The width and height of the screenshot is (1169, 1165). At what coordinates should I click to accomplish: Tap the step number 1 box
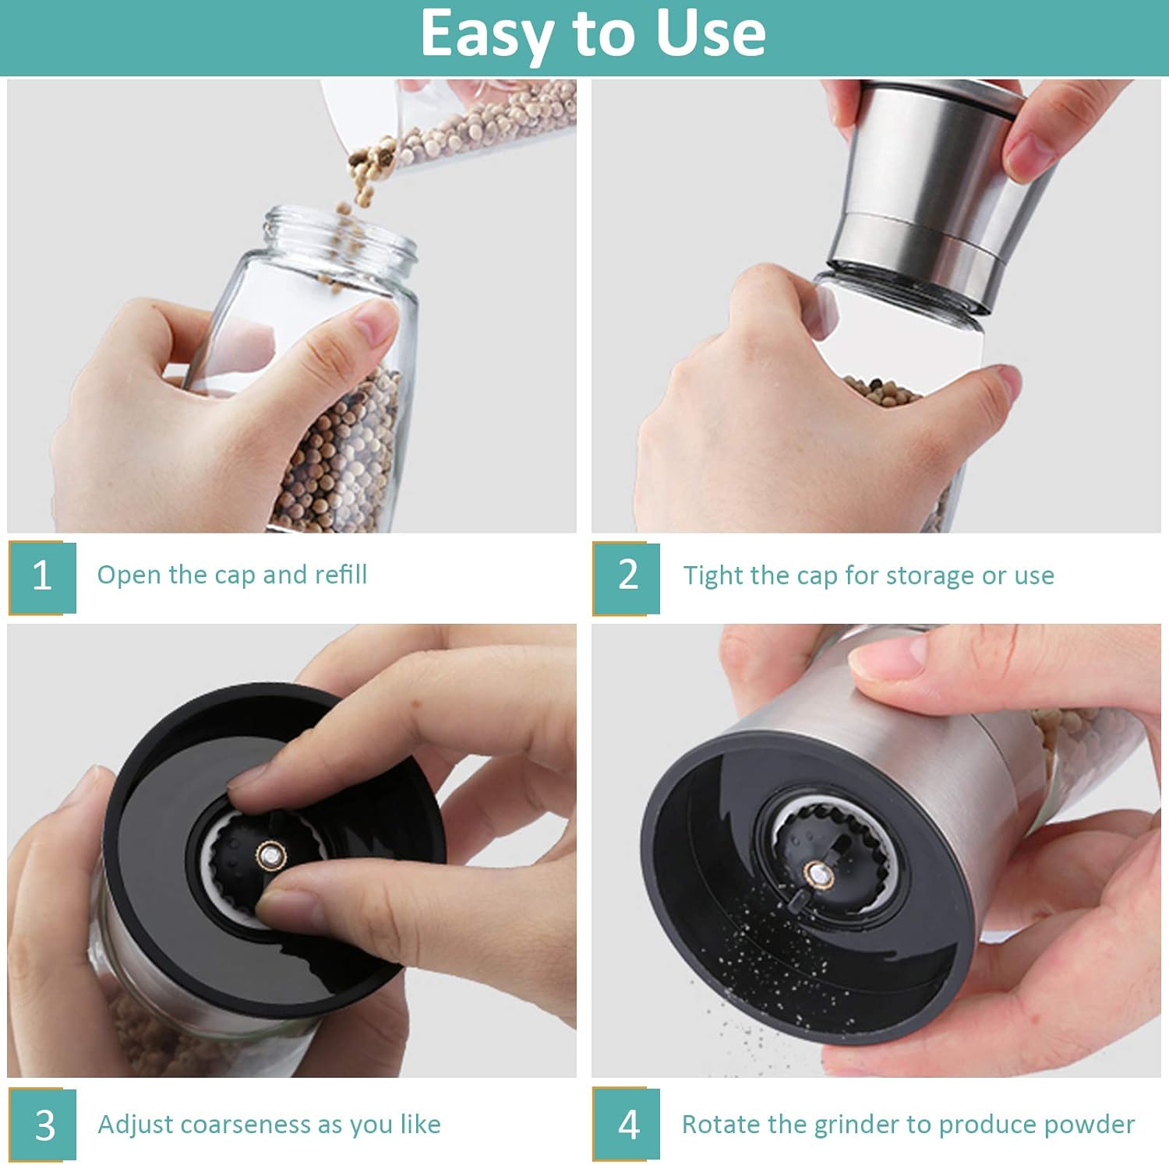(43, 576)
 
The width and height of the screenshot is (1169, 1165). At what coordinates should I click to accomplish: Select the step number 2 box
(627, 576)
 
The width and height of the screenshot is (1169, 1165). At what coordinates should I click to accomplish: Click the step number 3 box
(44, 1125)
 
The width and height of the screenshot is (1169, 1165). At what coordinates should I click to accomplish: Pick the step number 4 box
(627, 1125)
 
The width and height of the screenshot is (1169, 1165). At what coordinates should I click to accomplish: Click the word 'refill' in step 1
(341, 575)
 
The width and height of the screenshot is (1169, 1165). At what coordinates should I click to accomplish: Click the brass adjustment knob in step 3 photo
(270, 855)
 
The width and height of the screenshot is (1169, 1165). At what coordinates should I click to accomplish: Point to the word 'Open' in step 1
(129, 575)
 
